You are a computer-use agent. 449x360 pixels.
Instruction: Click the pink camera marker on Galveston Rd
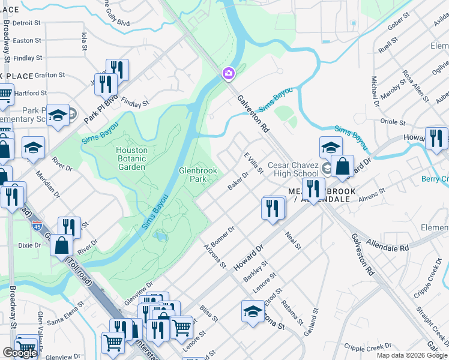pos(228,74)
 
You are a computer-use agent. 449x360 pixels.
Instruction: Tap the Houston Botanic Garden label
pos(131,158)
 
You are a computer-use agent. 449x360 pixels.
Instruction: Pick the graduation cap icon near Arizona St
pos(253,311)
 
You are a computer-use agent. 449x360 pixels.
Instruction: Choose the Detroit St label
pos(26,23)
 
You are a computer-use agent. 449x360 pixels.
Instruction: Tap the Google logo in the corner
pos(20,353)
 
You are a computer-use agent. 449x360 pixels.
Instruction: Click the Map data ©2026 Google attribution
pos(411,355)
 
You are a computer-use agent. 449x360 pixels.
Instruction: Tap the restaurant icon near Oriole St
pos(436,137)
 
